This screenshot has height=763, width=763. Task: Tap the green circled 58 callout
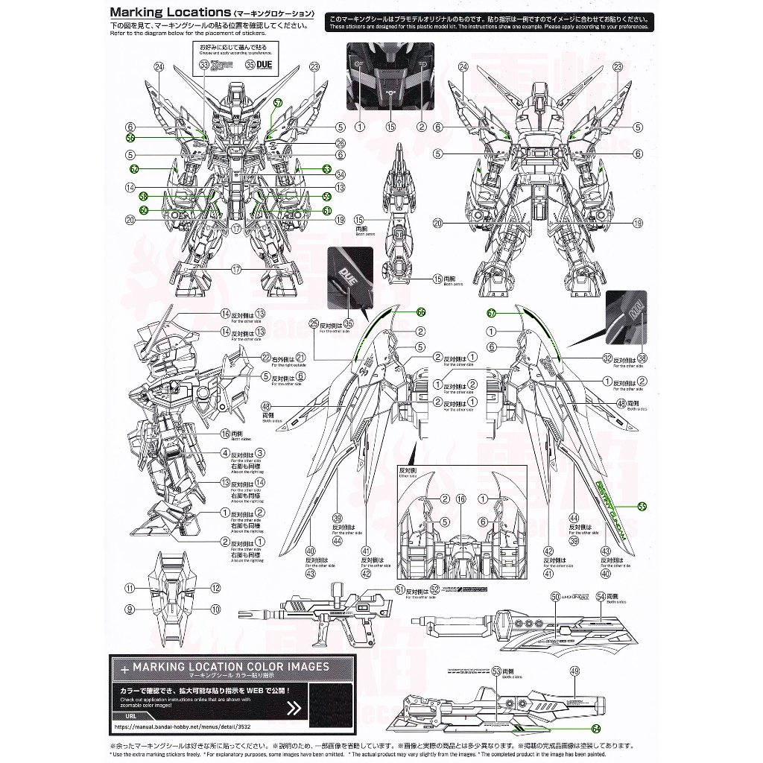point(144,197)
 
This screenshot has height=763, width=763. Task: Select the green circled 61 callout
point(326,211)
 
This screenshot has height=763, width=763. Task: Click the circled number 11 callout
point(129,588)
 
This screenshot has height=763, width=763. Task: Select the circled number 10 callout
point(216,610)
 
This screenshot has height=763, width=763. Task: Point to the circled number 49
point(574,671)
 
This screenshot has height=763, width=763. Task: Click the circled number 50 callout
point(555,596)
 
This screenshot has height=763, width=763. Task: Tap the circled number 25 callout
point(314,323)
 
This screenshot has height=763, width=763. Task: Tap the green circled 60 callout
point(144,211)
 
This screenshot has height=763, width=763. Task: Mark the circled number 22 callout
point(265,357)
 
